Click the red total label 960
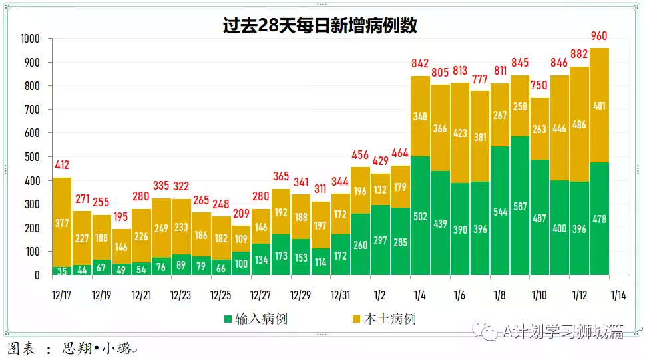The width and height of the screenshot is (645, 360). tap(599, 36)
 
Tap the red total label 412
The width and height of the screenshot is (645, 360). tap(62, 165)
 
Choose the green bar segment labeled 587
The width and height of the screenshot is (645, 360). tap(520, 206)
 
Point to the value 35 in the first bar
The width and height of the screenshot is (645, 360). tap(62, 271)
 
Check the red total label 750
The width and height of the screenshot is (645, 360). tap(539, 86)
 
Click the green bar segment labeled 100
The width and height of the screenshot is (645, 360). tap(241, 264)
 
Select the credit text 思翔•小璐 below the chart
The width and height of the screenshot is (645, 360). tap(97, 349)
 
